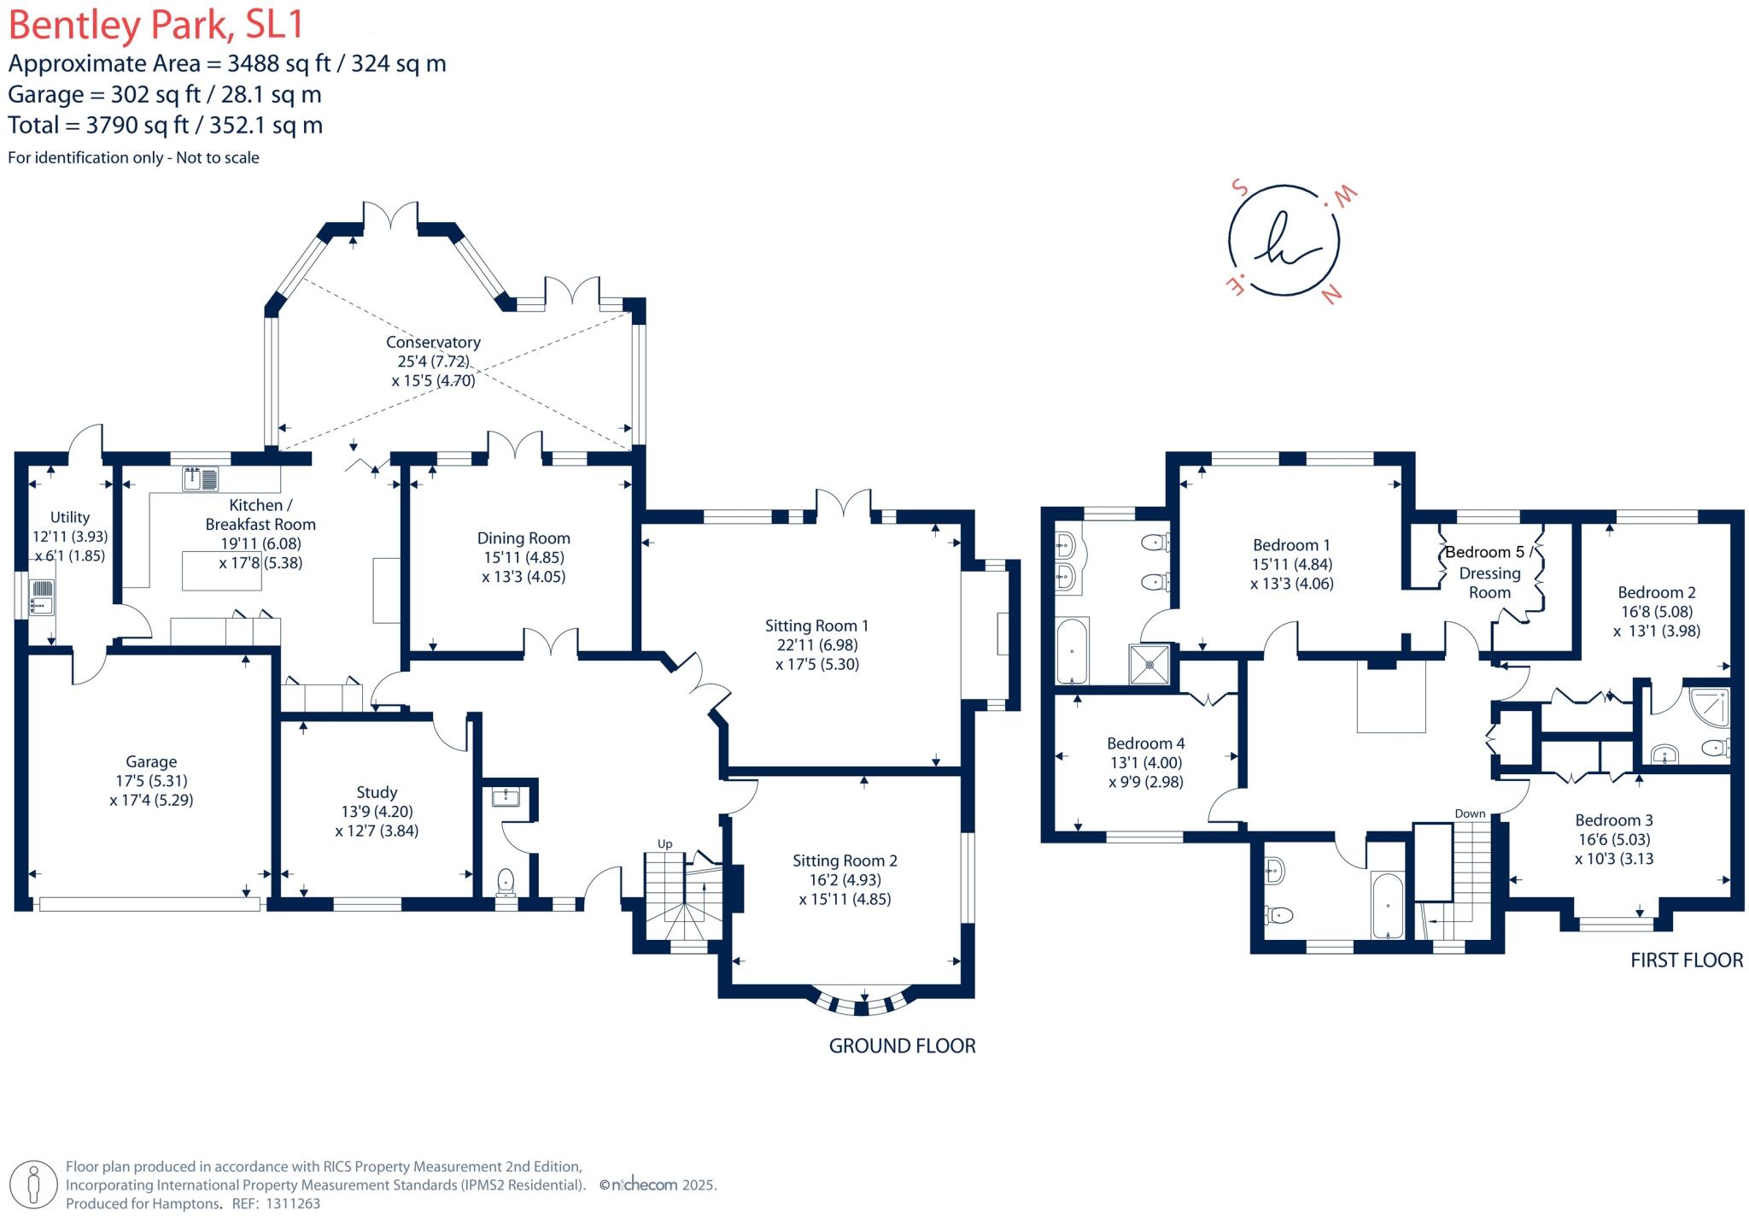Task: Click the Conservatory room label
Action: pyautogui.click(x=433, y=342)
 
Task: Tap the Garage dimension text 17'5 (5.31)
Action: pyautogui.click(x=151, y=781)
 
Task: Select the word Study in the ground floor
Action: pyautogui.click(x=377, y=792)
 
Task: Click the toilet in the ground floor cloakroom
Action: pyautogui.click(x=506, y=880)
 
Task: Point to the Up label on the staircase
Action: pyautogui.click(x=664, y=843)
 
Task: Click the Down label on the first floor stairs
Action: pyautogui.click(x=1470, y=814)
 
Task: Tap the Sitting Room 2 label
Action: pyautogui.click(x=844, y=861)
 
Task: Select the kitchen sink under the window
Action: pyautogui.click(x=200, y=479)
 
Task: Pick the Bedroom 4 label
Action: pyautogui.click(x=1145, y=743)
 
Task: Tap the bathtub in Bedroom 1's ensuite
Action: pyautogui.click(x=1072, y=651)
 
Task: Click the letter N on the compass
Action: pyautogui.click(x=1331, y=295)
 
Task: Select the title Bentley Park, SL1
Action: pyautogui.click(x=156, y=25)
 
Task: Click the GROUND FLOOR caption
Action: pyautogui.click(x=902, y=1046)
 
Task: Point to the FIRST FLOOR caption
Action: pyautogui.click(x=1686, y=960)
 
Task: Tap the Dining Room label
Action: pyautogui.click(x=524, y=538)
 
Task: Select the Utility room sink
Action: pyautogui.click(x=42, y=596)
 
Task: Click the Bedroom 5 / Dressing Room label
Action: pyautogui.click(x=1489, y=572)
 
